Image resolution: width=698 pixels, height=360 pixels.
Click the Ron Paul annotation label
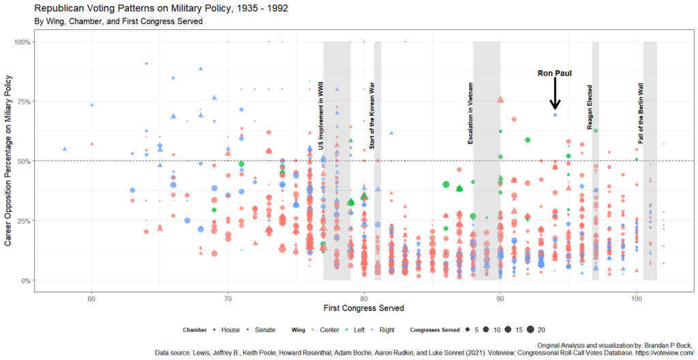click(554, 72)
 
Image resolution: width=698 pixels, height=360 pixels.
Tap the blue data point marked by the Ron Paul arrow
click(555, 115)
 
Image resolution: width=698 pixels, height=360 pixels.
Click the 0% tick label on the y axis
click(25, 280)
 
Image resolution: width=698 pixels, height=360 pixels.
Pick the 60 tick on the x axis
click(91, 298)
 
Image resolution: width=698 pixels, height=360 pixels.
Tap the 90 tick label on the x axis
click(500, 298)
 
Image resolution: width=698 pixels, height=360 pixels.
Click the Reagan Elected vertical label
click(590, 107)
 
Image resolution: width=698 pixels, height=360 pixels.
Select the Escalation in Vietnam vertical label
click(470, 114)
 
